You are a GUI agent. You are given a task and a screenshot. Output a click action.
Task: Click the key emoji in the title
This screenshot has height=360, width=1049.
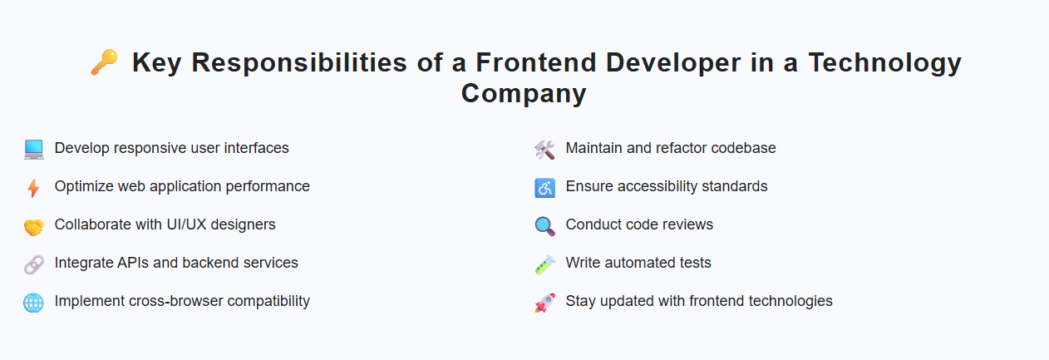pos(105,62)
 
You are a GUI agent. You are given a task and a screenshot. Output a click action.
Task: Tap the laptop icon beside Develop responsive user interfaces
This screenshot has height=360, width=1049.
pos(33,150)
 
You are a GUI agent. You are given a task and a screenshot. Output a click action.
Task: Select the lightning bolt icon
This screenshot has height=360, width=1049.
pos(33,188)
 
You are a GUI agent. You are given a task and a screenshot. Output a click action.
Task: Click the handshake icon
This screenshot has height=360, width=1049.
pos(33,226)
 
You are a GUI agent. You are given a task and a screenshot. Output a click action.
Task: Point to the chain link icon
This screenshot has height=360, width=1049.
pos(33,264)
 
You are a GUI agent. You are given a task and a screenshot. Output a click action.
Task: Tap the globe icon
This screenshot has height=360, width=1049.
pos(33,303)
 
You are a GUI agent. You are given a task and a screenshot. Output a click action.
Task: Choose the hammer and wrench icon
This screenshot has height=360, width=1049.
pos(544,150)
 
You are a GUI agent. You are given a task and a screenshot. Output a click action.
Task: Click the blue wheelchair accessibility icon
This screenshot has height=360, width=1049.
pos(544,188)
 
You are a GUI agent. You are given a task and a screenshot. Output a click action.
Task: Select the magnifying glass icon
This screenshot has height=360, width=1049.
pos(544,226)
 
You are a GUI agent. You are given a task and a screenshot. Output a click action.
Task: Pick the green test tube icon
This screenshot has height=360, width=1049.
pos(544,264)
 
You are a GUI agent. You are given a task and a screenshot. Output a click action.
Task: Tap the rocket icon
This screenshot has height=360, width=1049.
pos(544,303)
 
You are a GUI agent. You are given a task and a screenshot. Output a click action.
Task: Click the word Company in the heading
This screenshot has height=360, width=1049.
pos(524,93)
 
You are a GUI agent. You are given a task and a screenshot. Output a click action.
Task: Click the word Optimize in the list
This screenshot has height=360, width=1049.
pos(84,186)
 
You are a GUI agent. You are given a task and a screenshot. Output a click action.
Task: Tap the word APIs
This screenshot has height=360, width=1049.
pos(132,263)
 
